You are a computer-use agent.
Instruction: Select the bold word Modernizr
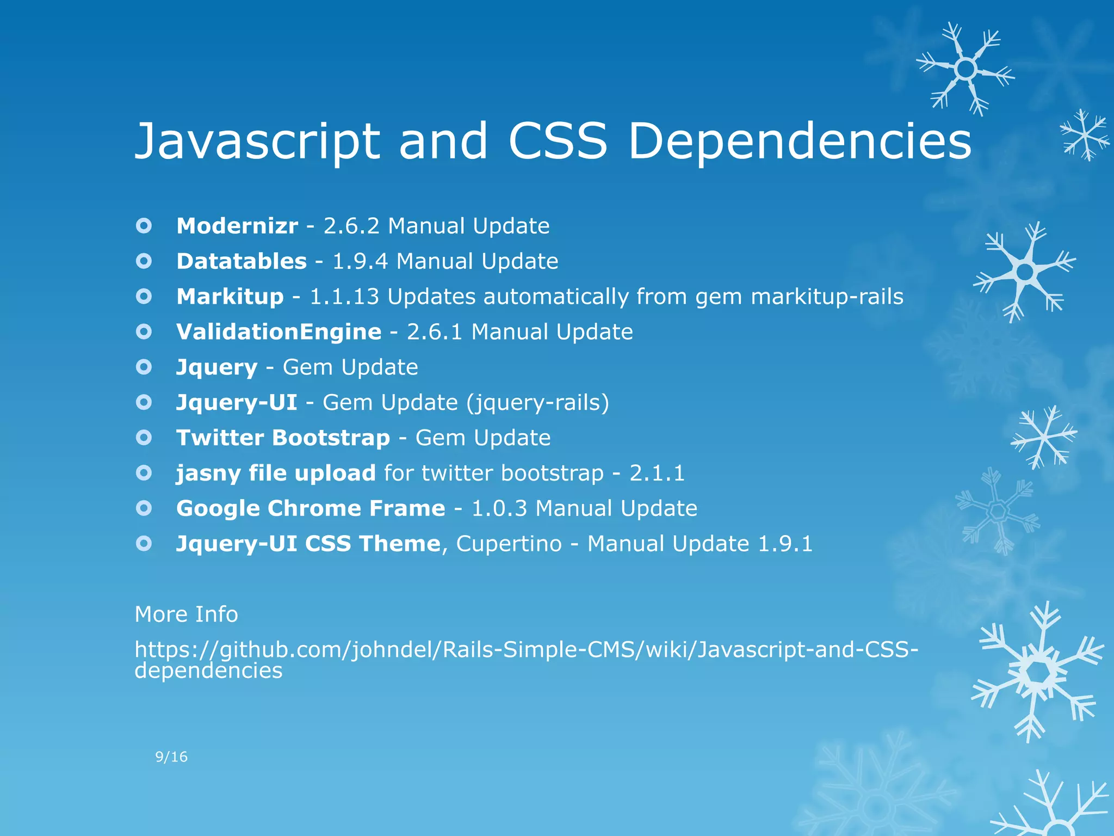tap(237, 226)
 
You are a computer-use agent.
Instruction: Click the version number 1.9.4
tap(360, 261)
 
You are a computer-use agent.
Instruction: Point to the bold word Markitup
tap(230, 297)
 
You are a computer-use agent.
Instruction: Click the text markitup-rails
tap(827, 297)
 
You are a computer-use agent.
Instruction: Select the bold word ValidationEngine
tap(279, 332)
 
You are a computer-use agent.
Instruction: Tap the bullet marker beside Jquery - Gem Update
tap(144, 367)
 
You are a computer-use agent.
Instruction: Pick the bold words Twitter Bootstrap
tap(283, 438)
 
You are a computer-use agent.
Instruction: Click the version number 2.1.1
tap(657, 473)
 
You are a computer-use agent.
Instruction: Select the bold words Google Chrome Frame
tap(311, 508)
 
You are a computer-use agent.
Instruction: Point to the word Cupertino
tap(509, 544)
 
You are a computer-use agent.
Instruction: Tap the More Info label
tap(186, 614)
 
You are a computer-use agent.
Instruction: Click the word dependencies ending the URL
tap(208, 671)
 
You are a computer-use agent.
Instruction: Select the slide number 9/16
tap(171, 757)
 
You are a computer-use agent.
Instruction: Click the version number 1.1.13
tap(344, 297)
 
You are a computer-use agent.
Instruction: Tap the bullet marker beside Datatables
tap(144, 261)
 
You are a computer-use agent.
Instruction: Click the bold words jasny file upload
tap(276, 473)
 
